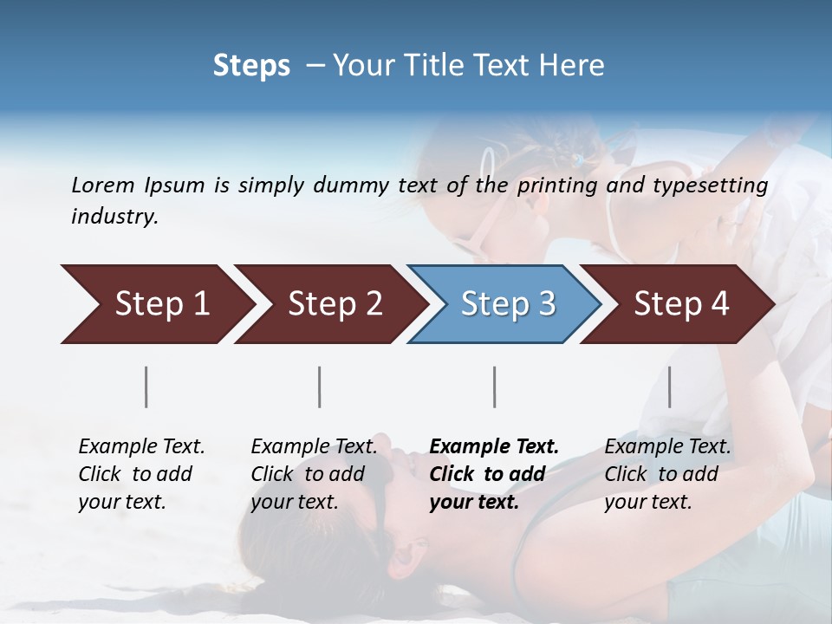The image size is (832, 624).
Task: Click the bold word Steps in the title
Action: tap(251, 66)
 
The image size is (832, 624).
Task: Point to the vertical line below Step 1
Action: tap(146, 387)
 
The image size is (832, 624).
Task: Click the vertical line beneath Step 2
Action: tap(320, 387)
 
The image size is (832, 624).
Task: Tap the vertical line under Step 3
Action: tap(494, 387)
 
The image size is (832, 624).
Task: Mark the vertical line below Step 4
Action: tap(669, 387)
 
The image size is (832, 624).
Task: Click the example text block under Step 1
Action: tap(141, 474)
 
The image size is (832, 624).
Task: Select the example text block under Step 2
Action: tap(314, 474)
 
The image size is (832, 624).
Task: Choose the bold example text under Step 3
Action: tap(494, 474)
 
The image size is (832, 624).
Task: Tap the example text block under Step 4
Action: tap(667, 474)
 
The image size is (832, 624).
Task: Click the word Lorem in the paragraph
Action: tap(103, 185)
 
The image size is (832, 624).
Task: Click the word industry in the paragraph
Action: tap(114, 217)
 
